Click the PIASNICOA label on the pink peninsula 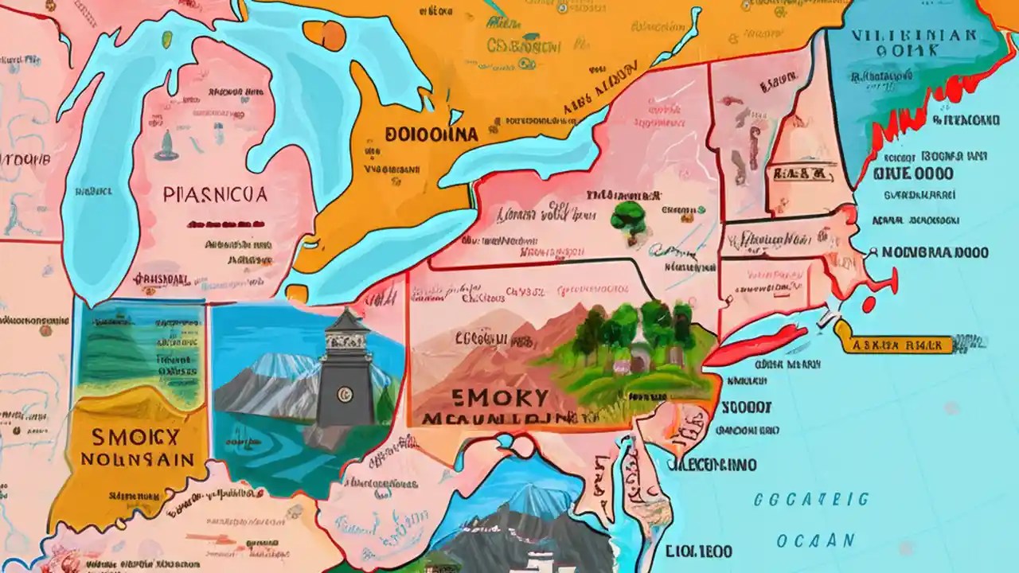tap(215, 193)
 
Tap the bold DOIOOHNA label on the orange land tap(431, 134)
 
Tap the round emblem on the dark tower tap(345, 392)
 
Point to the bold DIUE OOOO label tap(914, 173)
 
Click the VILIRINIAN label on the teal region tap(912, 36)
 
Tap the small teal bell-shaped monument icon tap(166, 146)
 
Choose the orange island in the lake tap(325, 34)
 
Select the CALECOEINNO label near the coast tap(711, 464)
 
